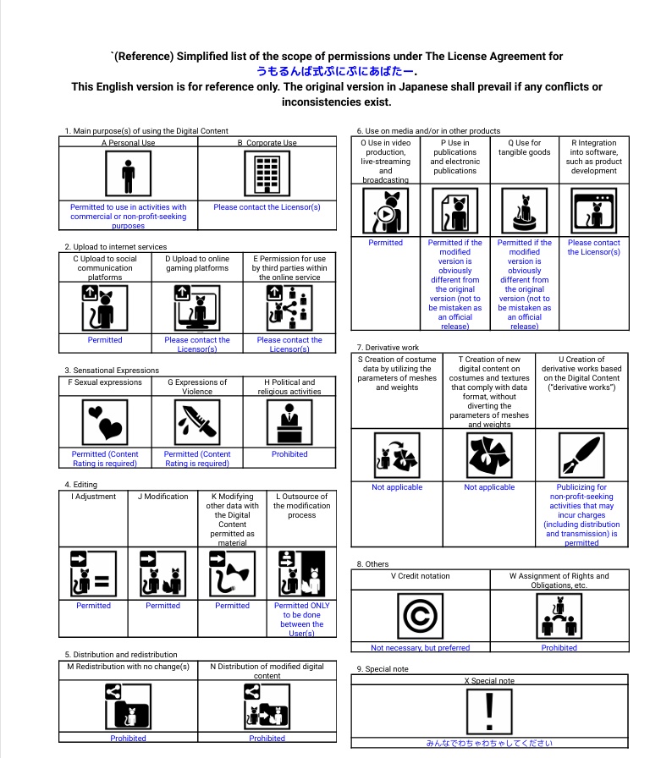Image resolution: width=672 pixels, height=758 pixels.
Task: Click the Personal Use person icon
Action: (128, 175)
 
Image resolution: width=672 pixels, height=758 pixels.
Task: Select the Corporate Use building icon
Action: (267, 175)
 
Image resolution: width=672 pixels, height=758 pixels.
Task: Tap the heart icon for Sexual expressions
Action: (105, 420)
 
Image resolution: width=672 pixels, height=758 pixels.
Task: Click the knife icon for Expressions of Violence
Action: (197, 420)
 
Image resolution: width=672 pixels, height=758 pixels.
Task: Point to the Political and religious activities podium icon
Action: (289, 420)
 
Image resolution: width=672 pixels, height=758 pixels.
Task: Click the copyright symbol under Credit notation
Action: (421, 616)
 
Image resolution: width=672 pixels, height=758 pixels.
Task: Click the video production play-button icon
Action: (385, 211)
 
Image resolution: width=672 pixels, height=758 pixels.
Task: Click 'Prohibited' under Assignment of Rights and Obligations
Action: (559, 648)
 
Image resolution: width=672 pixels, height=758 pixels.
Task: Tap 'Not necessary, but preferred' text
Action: (421, 648)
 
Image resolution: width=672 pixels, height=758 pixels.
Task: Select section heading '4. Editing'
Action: (81, 485)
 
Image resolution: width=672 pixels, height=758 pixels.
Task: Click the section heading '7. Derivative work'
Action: (388, 347)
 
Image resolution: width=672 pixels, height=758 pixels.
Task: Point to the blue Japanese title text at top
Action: (335, 72)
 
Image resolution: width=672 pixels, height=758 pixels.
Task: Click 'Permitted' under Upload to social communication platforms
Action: (105, 340)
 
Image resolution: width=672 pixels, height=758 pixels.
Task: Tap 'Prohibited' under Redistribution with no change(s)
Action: (128, 738)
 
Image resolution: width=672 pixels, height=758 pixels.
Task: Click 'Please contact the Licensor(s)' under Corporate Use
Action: (267, 206)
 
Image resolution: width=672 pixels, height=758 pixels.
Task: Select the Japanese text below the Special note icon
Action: (489, 744)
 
